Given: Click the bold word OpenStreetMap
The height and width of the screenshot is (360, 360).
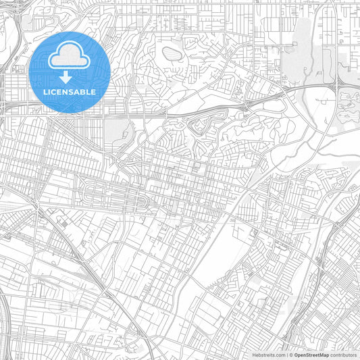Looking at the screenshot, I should (311, 355).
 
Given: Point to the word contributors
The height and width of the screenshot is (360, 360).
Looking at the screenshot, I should (343, 355).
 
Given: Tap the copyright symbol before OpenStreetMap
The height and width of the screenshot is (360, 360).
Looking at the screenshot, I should (291, 355).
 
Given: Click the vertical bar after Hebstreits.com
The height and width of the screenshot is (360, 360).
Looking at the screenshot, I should (286, 355).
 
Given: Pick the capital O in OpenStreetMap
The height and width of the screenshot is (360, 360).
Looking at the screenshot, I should (296, 355).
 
